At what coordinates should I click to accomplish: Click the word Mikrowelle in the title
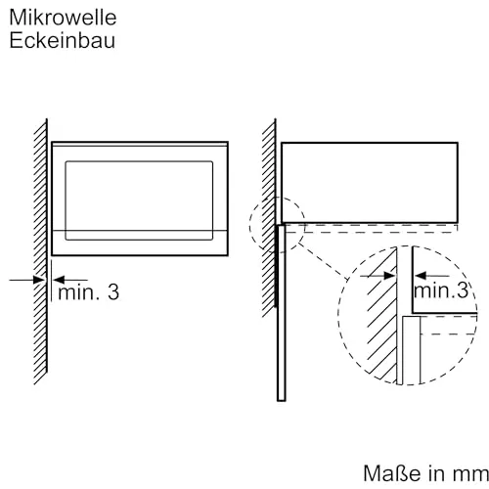click(63, 18)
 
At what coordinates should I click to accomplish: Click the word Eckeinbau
click(63, 41)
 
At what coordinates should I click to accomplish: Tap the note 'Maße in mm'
click(425, 473)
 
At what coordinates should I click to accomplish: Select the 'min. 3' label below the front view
click(88, 291)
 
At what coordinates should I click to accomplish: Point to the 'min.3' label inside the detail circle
click(441, 289)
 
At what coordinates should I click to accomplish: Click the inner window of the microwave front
click(139, 200)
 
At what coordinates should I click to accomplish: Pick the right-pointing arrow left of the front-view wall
click(26, 280)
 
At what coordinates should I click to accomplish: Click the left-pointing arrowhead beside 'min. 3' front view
click(60, 280)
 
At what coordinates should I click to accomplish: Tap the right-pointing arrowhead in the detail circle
click(388, 276)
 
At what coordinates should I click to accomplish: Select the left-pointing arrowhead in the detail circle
click(421, 276)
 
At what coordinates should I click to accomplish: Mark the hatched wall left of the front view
click(40, 251)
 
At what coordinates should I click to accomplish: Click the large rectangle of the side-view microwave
click(370, 183)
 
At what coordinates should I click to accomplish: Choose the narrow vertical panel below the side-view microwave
click(282, 312)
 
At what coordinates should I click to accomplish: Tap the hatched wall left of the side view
click(269, 218)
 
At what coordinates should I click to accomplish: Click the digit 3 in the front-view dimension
click(113, 292)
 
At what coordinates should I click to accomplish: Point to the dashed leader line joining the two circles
click(323, 261)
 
